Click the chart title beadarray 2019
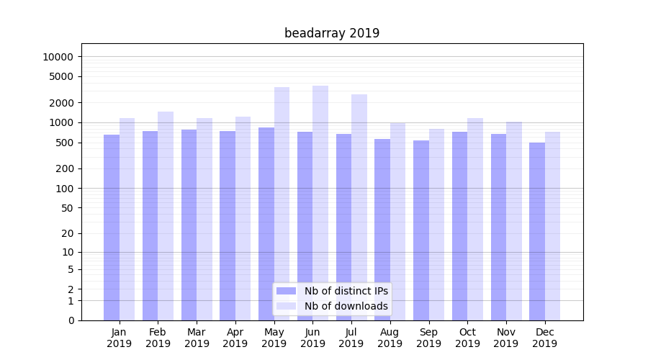click(x=332, y=33)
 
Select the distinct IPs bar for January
click(x=112, y=228)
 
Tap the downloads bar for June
click(x=320, y=203)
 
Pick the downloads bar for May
click(x=282, y=204)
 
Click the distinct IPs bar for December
click(x=537, y=231)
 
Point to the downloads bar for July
click(x=359, y=207)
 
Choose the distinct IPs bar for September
click(x=421, y=230)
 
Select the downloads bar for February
click(x=166, y=216)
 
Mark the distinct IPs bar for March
click(x=189, y=225)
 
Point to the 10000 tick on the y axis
click(x=58, y=57)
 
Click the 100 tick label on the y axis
click(x=63, y=189)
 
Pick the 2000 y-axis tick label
click(x=60, y=103)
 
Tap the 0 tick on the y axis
click(x=71, y=320)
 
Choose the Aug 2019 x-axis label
click(x=390, y=338)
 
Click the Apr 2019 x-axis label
click(x=235, y=338)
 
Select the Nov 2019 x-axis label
click(x=506, y=338)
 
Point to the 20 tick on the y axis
click(x=66, y=233)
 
